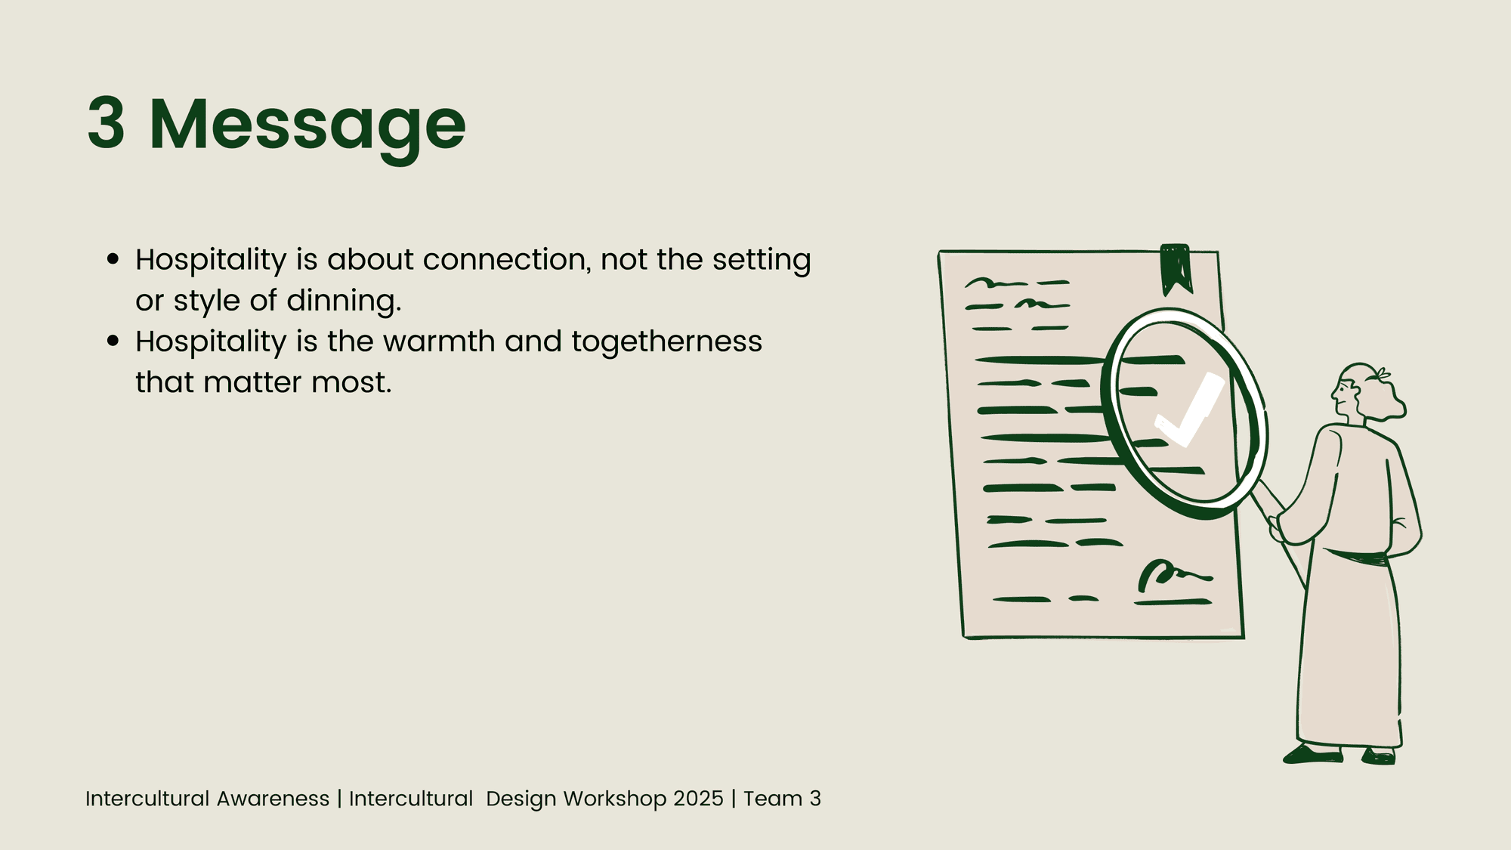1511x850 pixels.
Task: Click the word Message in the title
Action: click(307, 127)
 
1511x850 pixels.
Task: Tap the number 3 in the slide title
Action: click(106, 123)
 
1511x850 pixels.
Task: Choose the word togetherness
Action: click(666, 342)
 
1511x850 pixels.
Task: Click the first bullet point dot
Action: click(113, 259)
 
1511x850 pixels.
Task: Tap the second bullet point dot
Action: click(113, 341)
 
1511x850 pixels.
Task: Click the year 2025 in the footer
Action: click(698, 799)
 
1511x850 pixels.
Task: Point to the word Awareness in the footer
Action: click(273, 799)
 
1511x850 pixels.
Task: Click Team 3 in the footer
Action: click(782, 799)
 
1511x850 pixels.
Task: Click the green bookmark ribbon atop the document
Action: click(1176, 268)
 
